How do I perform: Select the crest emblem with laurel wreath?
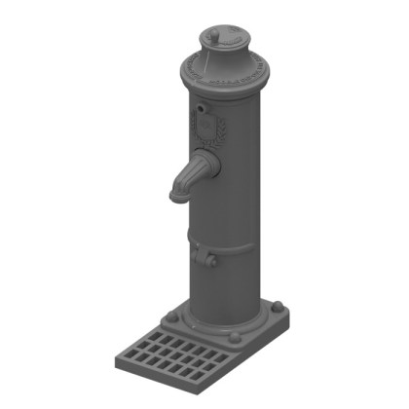205,130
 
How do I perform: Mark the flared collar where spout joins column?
204,161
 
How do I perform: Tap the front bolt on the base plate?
235,339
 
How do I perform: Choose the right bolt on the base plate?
280,309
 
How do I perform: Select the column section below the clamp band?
226,287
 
